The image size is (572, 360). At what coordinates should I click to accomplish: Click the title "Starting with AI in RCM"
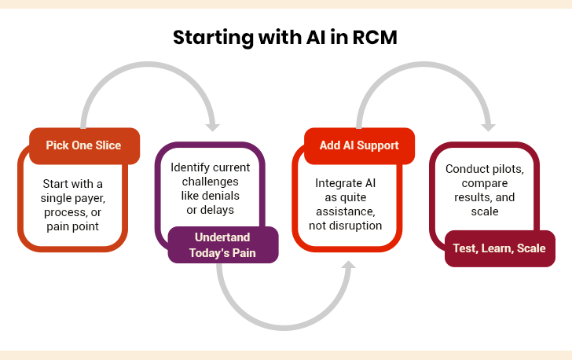286,38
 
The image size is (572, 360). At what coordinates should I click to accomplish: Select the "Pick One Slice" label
83,145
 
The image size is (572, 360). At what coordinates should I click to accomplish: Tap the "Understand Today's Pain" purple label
223,244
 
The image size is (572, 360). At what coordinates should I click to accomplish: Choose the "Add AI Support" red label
358,145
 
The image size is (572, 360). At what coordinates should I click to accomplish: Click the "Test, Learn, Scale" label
499,248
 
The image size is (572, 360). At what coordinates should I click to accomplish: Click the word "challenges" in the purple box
210,181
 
